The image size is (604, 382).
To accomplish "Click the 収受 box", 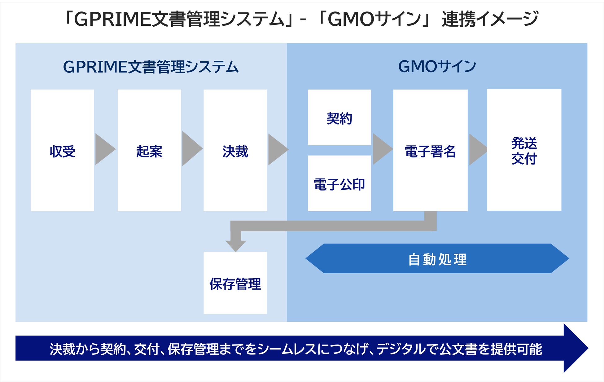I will (x=62, y=151).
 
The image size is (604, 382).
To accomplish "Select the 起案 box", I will (x=149, y=151).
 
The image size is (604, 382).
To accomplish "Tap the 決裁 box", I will (x=235, y=151).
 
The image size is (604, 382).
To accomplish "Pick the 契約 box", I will (x=339, y=118).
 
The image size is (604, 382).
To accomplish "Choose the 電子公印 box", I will (x=339, y=184).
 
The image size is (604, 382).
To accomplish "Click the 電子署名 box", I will (x=430, y=151).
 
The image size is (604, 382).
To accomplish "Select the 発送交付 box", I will (x=524, y=150).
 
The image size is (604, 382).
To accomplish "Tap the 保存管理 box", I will (x=235, y=283).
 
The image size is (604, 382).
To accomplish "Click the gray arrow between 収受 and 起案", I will (x=105, y=149).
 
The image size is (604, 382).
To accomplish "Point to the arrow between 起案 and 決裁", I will (x=191, y=149).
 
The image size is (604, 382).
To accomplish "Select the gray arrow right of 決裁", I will (x=277, y=149).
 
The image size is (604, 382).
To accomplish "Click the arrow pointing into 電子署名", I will (x=382, y=149).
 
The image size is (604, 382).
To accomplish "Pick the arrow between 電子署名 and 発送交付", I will (x=477, y=149).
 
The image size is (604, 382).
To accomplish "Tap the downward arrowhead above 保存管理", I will (x=236, y=245).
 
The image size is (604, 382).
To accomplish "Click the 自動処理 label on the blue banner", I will (x=437, y=259).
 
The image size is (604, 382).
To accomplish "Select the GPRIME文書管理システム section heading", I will (x=151, y=67).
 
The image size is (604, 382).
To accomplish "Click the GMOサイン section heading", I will (x=437, y=66).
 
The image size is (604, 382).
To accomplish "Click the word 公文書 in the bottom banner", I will (x=458, y=349).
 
